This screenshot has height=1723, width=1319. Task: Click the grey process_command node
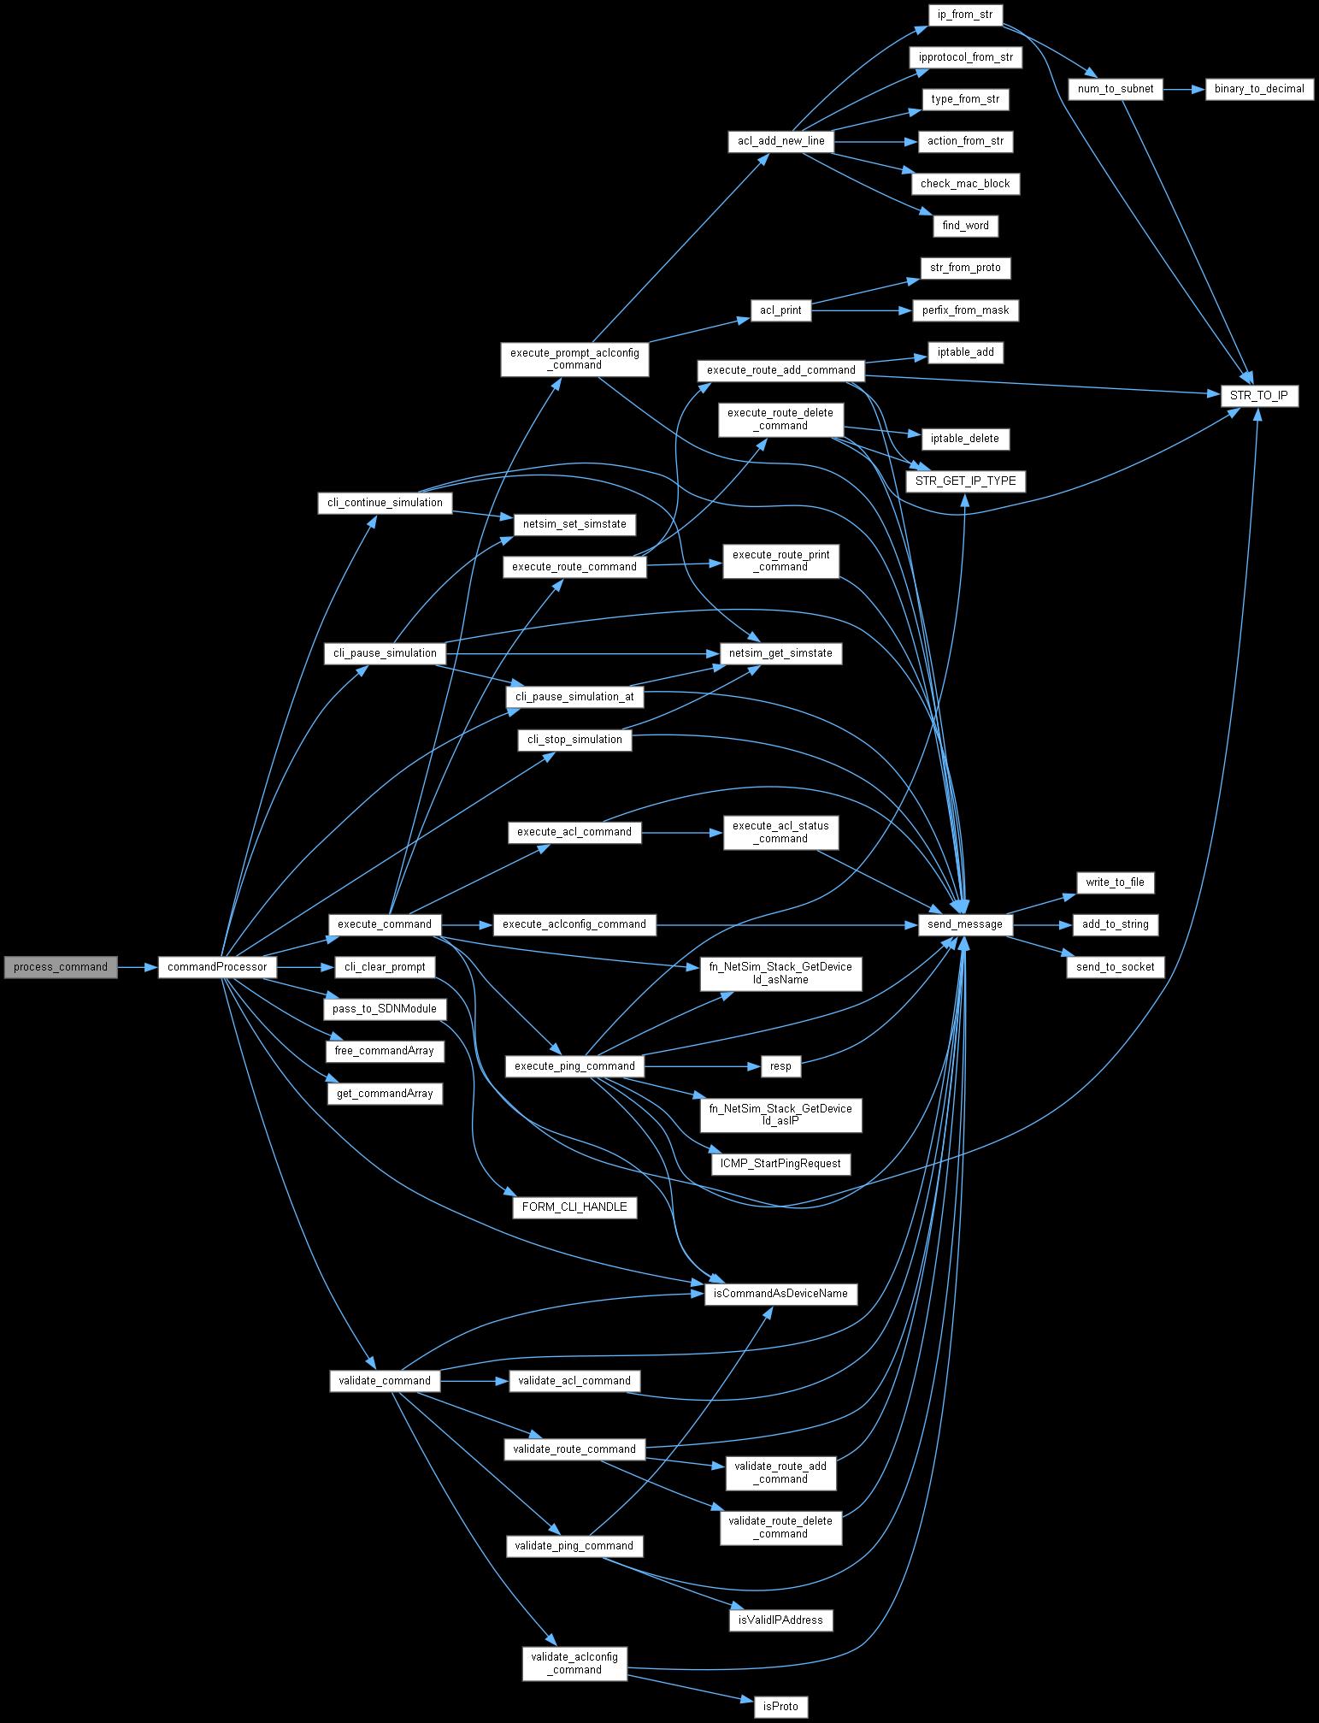tap(60, 967)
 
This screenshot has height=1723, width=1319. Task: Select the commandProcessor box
tap(217, 967)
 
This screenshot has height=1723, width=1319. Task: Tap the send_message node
tap(966, 924)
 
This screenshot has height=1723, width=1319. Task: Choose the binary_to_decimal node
tap(1259, 89)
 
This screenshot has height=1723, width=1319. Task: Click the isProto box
tap(780, 1707)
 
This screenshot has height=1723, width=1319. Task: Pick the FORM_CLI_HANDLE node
tap(574, 1207)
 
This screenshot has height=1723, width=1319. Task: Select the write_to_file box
tap(1115, 882)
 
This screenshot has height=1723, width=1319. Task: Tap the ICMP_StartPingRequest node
tap(780, 1164)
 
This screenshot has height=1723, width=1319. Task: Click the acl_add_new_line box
tap(780, 141)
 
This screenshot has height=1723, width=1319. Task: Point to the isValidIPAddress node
tap(780, 1620)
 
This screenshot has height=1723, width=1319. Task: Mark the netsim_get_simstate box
tap(780, 653)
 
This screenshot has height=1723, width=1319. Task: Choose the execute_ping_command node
tap(574, 1066)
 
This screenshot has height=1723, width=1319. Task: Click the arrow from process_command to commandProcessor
tap(137, 967)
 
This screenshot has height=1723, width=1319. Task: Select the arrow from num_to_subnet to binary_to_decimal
tap(1184, 89)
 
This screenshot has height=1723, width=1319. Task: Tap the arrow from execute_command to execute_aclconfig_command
tap(468, 924)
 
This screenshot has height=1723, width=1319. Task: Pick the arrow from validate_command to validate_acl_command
tap(474, 1381)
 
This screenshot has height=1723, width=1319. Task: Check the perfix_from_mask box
tap(966, 310)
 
